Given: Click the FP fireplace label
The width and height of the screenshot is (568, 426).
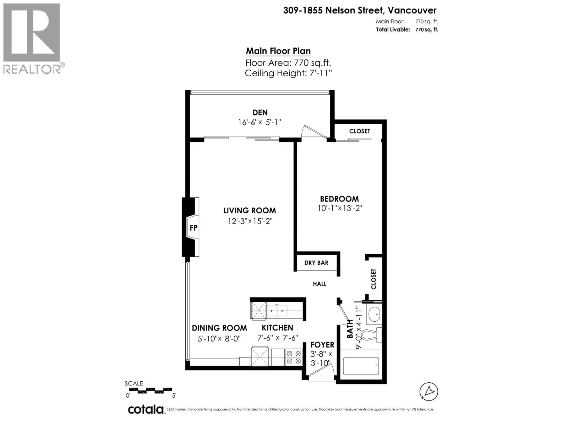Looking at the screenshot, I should [193, 228].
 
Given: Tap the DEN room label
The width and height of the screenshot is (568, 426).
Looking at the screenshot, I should [260, 113].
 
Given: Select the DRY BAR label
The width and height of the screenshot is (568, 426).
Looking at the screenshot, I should [316, 263].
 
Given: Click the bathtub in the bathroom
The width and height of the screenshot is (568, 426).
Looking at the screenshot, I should [361, 366].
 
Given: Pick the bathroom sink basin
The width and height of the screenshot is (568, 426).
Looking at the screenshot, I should [373, 314].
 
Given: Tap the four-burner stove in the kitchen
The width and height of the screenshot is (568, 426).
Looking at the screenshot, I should [294, 357].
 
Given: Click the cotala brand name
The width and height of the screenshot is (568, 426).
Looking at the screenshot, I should [146, 410].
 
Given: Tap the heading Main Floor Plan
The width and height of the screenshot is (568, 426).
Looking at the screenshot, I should [278, 51].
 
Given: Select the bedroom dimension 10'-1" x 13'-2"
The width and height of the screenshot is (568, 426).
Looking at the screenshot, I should [339, 208].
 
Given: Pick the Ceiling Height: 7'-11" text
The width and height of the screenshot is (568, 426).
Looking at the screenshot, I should [288, 73].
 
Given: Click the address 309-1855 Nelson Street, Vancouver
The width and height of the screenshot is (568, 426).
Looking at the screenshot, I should [360, 11].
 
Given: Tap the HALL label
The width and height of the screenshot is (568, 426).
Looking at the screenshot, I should [319, 284].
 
